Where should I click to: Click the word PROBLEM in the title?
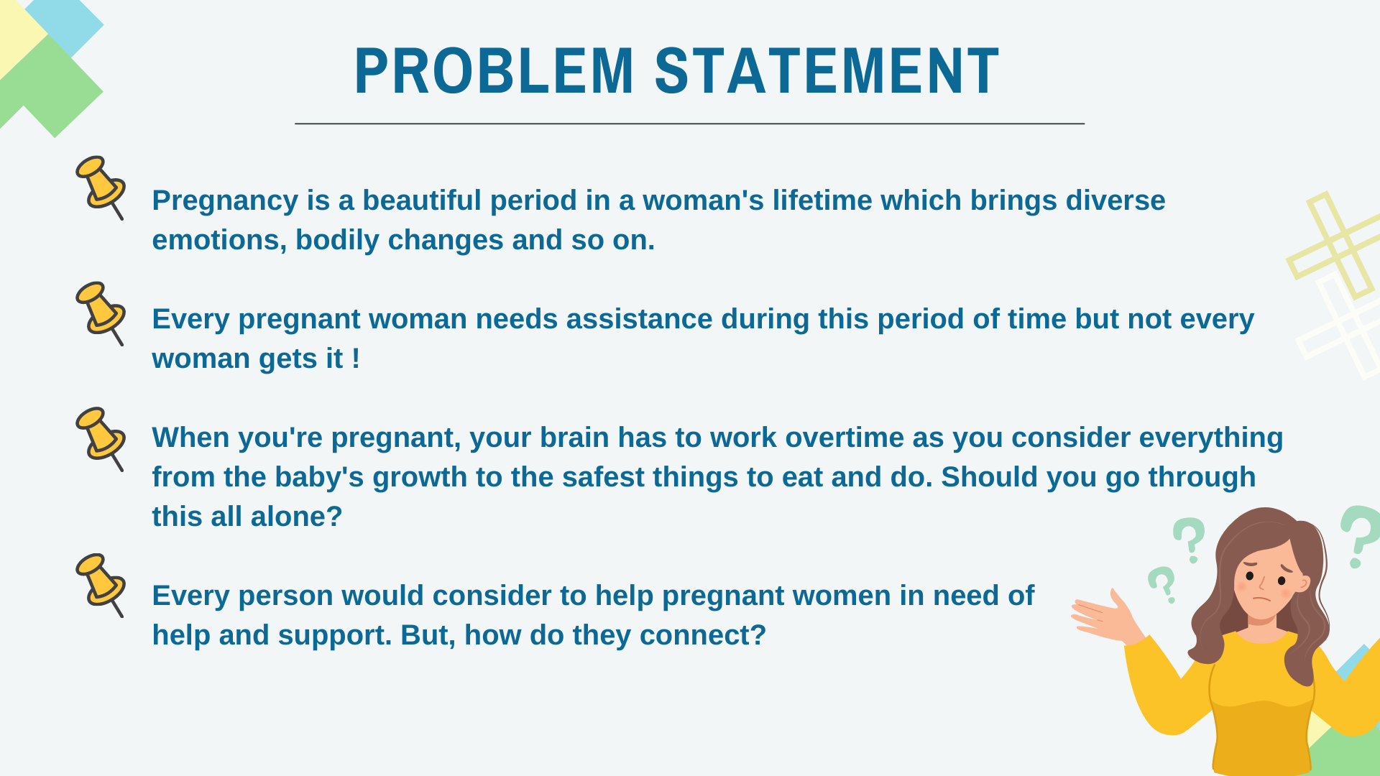tap(494, 71)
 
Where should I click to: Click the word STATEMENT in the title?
tap(827, 71)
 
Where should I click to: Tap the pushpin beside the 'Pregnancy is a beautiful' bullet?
tap(101, 188)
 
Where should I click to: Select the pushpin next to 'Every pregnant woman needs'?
tap(101, 313)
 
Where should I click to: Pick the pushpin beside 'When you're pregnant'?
tap(101, 439)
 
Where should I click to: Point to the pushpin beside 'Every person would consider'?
tap(101, 585)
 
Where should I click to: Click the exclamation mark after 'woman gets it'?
tap(356, 359)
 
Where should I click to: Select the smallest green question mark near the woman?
tap(1162, 584)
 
